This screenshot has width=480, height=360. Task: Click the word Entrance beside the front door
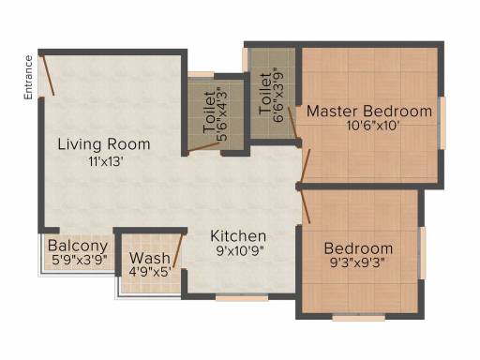[x=28, y=78]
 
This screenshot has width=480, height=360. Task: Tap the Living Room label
[x=104, y=144]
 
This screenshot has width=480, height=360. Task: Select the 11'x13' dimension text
[x=104, y=161]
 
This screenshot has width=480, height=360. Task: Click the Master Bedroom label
[x=369, y=112]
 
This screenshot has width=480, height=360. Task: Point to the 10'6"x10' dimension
[x=373, y=126]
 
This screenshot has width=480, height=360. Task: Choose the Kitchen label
[x=238, y=236]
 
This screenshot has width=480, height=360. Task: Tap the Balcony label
[x=78, y=246]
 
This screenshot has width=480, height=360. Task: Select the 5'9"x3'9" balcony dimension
[x=80, y=260]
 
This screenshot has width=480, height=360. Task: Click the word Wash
[x=150, y=258]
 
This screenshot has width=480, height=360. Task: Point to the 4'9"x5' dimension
[x=150, y=272]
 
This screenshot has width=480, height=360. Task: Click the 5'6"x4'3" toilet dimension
[x=225, y=115]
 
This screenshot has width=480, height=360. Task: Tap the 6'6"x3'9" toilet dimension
[x=278, y=95]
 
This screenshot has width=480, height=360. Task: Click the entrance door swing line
[x=48, y=75]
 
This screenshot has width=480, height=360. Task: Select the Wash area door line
[x=177, y=251]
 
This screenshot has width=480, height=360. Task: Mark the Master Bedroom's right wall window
[x=442, y=123]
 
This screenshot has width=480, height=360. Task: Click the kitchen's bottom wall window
[x=242, y=297]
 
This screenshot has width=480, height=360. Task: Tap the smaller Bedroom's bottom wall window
[x=359, y=318]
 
